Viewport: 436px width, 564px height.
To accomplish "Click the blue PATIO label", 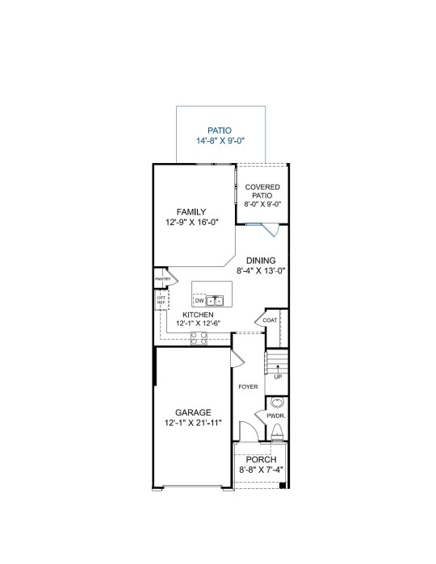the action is (x=220, y=131).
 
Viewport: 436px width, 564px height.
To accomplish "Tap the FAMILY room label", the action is (x=191, y=212).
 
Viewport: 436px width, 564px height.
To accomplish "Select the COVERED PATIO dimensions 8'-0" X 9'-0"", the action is (x=262, y=204).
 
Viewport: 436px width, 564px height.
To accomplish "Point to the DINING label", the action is (x=261, y=261).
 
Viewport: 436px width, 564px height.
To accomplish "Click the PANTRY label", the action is (x=163, y=279).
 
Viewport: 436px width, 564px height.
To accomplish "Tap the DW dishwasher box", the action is (x=199, y=300).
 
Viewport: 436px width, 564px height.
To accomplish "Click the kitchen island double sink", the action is (x=215, y=300).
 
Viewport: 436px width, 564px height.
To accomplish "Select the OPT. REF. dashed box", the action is (x=161, y=300).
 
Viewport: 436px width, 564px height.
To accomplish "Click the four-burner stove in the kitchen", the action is (x=199, y=338).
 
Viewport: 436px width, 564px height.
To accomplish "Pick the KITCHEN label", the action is (x=198, y=315).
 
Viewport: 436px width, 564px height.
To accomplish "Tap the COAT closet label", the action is (x=270, y=320).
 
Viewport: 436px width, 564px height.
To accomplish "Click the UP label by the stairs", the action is (x=278, y=377).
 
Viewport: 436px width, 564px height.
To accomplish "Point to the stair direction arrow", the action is (x=278, y=369).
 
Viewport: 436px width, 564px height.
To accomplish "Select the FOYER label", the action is (x=249, y=386).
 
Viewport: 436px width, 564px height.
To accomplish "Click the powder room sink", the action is (x=277, y=402).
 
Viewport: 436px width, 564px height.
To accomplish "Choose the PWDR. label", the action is (x=276, y=416).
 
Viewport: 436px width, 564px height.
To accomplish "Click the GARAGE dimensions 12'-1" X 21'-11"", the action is (x=193, y=423).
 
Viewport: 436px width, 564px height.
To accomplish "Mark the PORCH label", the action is (x=262, y=460).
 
